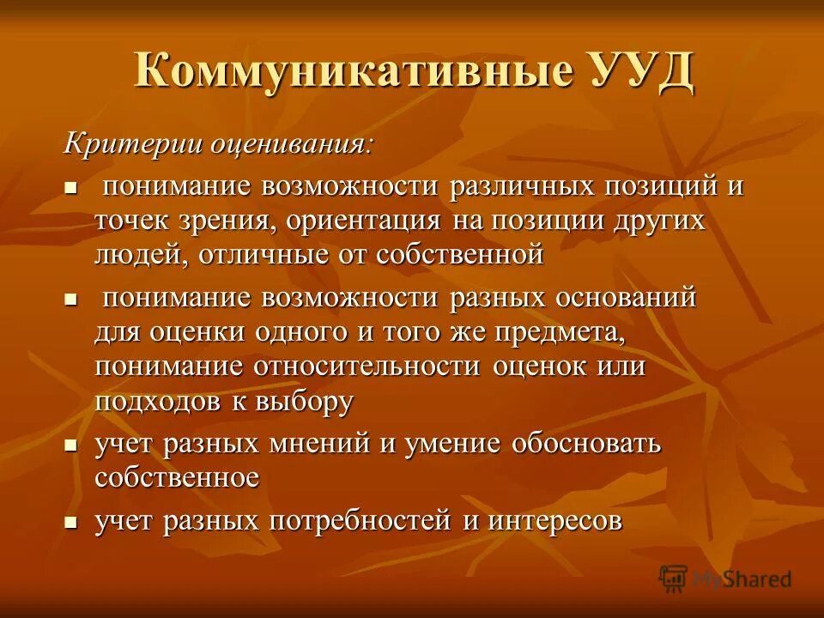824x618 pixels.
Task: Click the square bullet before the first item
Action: click(71, 186)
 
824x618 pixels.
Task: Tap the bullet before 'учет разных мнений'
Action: click(71, 445)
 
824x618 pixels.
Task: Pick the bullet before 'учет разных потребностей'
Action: click(71, 521)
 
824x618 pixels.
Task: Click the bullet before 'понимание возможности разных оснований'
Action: click(71, 298)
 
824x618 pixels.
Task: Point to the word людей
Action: click(142, 253)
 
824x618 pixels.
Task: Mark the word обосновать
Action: click(585, 444)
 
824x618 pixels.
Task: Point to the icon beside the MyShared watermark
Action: click(674, 579)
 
